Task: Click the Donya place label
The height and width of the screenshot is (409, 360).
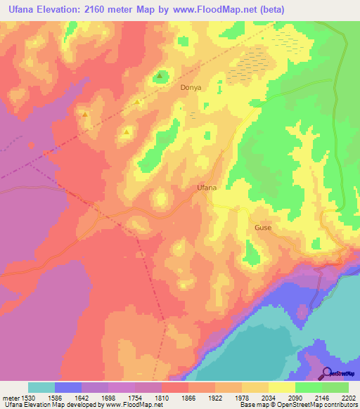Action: coord(191,88)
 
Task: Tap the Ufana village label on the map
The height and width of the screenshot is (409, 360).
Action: coord(206,188)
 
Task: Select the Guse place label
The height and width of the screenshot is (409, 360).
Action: coord(263,228)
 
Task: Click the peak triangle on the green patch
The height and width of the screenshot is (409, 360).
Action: coord(160,76)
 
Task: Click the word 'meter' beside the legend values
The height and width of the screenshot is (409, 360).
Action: coord(10,398)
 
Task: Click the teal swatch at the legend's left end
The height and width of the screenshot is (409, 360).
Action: coord(41,387)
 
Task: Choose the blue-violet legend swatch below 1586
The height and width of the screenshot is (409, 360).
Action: coord(68,387)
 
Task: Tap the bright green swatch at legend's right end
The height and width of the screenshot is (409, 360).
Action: coord(335,387)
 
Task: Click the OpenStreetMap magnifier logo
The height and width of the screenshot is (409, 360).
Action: coord(328,373)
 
